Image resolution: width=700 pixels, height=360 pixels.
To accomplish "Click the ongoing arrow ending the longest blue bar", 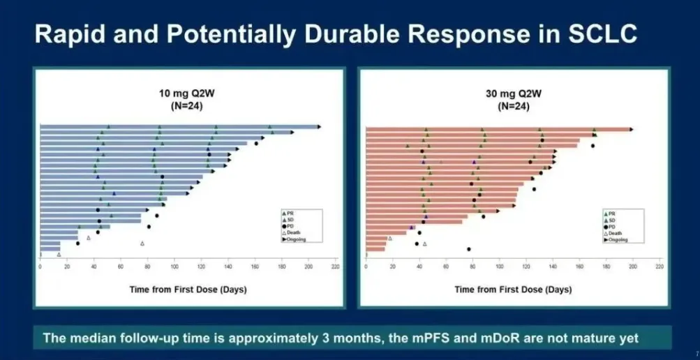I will pos(320,127).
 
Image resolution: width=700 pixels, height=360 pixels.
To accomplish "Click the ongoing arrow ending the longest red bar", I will pos(632,129).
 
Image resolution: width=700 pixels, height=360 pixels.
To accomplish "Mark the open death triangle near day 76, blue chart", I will pos(142,243).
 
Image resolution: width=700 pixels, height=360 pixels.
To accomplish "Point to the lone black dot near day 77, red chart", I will pos(469,249).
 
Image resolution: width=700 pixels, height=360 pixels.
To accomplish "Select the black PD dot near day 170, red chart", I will pos(593,146).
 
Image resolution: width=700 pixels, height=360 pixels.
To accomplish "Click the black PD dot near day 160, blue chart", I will pos(256,144).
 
